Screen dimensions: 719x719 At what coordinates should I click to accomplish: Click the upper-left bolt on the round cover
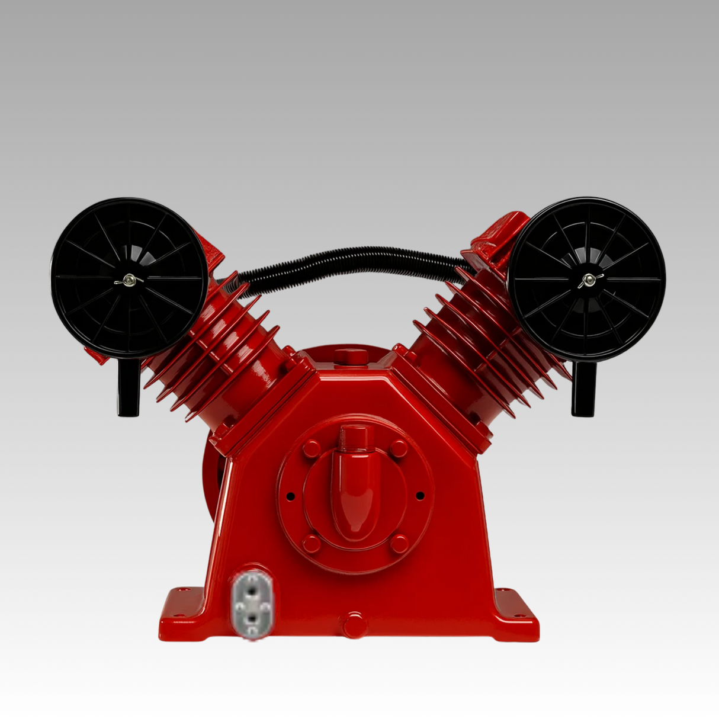click(312, 448)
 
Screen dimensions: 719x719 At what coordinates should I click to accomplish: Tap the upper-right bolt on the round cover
click(399, 448)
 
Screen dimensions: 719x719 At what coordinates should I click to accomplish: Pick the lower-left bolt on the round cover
click(312, 543)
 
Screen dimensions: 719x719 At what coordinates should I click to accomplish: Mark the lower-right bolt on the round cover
click(399, 543)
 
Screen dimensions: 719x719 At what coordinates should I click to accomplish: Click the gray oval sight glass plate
click(252, 604)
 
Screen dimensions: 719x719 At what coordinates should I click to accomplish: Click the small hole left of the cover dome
click(290, 496)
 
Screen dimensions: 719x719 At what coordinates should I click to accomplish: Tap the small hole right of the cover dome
click(420, 495)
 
